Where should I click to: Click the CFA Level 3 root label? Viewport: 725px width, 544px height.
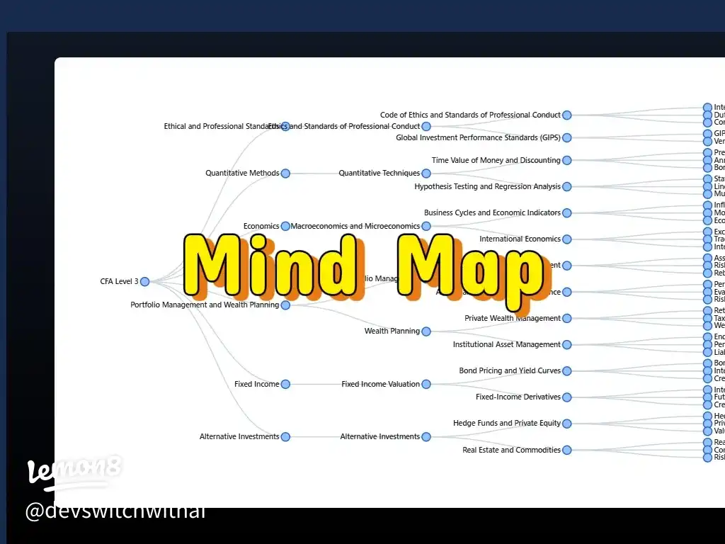tap(119, 282)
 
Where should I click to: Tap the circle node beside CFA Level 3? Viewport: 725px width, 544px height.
tap(144, 281)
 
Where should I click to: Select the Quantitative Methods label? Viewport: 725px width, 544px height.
tap(242, 174)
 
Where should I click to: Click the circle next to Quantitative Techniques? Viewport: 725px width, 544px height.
tap(426, 174)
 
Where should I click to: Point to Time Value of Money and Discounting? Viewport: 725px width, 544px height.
tap(496, 161)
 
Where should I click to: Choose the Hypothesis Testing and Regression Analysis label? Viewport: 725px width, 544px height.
tap(487, 187)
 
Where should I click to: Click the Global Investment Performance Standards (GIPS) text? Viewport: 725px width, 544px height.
tap(478, 138)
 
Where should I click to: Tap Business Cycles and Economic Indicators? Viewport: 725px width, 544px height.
tap(492, 213)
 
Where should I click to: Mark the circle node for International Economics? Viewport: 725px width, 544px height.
tap(566, 239)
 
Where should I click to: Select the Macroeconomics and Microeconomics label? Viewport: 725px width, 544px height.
tap(355, 227)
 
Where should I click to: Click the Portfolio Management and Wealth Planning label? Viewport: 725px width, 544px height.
tap(205, 305)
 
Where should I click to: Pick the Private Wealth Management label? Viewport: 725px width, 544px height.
tap(512, 319)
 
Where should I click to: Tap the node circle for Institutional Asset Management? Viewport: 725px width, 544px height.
tap(566, 345)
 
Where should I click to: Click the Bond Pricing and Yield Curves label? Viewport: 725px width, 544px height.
tap(510, 371)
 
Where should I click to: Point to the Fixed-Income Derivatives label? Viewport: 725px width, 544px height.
tap(518, 397)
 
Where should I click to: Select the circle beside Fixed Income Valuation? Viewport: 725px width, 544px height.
tap(426, 385)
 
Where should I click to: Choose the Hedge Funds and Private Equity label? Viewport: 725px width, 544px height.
tap(506, 424)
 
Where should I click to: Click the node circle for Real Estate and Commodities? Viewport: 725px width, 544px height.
tap(566, 450)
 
